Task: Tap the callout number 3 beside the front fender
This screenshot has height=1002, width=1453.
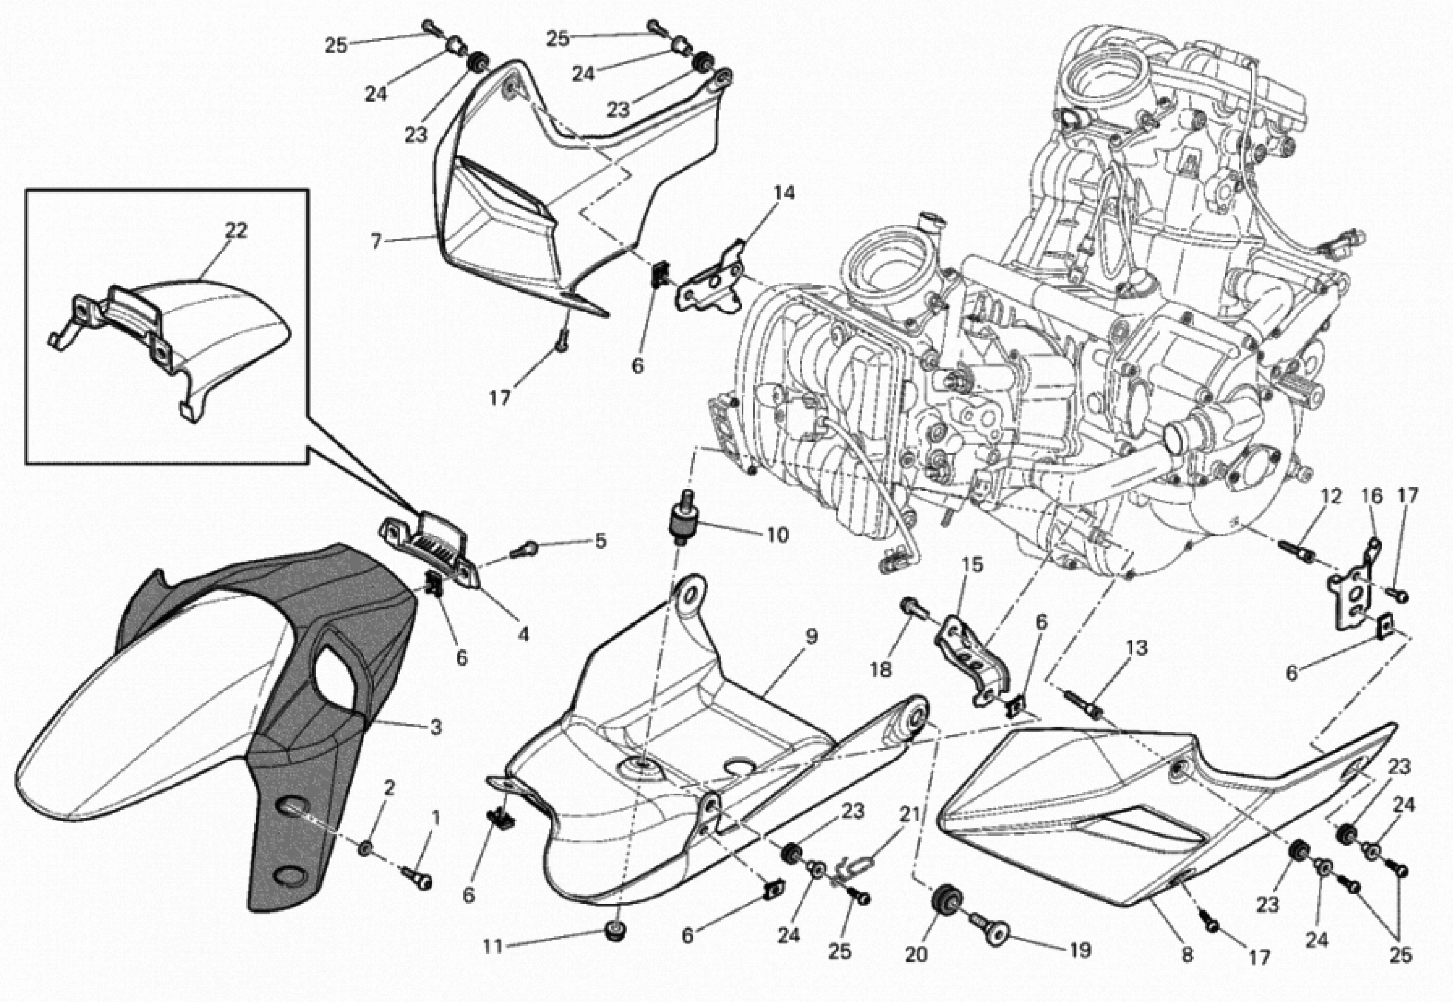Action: pyautogui.click(x=436, y=728)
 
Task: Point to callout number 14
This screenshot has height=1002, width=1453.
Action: pyautogui.click(x=784, y=193)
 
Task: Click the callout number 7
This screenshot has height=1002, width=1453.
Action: pyautogui.click(x=376, y=241)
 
